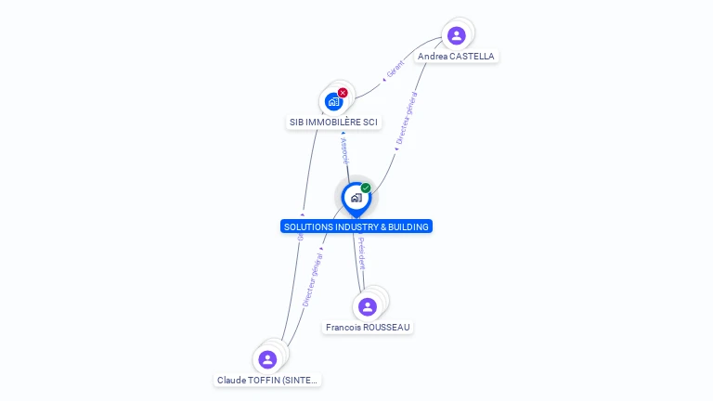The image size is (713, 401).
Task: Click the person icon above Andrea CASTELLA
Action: point(456,36)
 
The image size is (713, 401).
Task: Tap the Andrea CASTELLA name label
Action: point(456,57)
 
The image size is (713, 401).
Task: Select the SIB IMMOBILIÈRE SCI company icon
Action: point(333,101)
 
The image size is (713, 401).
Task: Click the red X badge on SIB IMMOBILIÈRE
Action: point(343,93)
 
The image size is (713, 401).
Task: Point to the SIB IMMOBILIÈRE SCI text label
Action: point(333,123)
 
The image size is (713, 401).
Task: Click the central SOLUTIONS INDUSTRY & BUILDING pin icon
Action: point(356,198)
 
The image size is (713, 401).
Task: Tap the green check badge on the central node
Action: point(366,188)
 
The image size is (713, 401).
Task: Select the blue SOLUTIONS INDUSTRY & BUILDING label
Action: point(356,226)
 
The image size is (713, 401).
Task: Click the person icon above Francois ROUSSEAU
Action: point(368,306)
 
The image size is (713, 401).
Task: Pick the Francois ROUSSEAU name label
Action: point(368,328)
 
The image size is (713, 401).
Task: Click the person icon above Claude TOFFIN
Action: point(267,359)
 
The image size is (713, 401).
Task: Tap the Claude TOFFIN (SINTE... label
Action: point(267,381)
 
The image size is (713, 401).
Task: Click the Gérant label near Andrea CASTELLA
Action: point(395,69)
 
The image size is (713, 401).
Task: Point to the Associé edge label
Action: point(344,151)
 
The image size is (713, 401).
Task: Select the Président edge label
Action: point(361,253)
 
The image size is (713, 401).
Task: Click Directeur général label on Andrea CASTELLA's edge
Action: point(407,117)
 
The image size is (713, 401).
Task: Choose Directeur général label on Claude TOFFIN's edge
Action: point(312,279)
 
